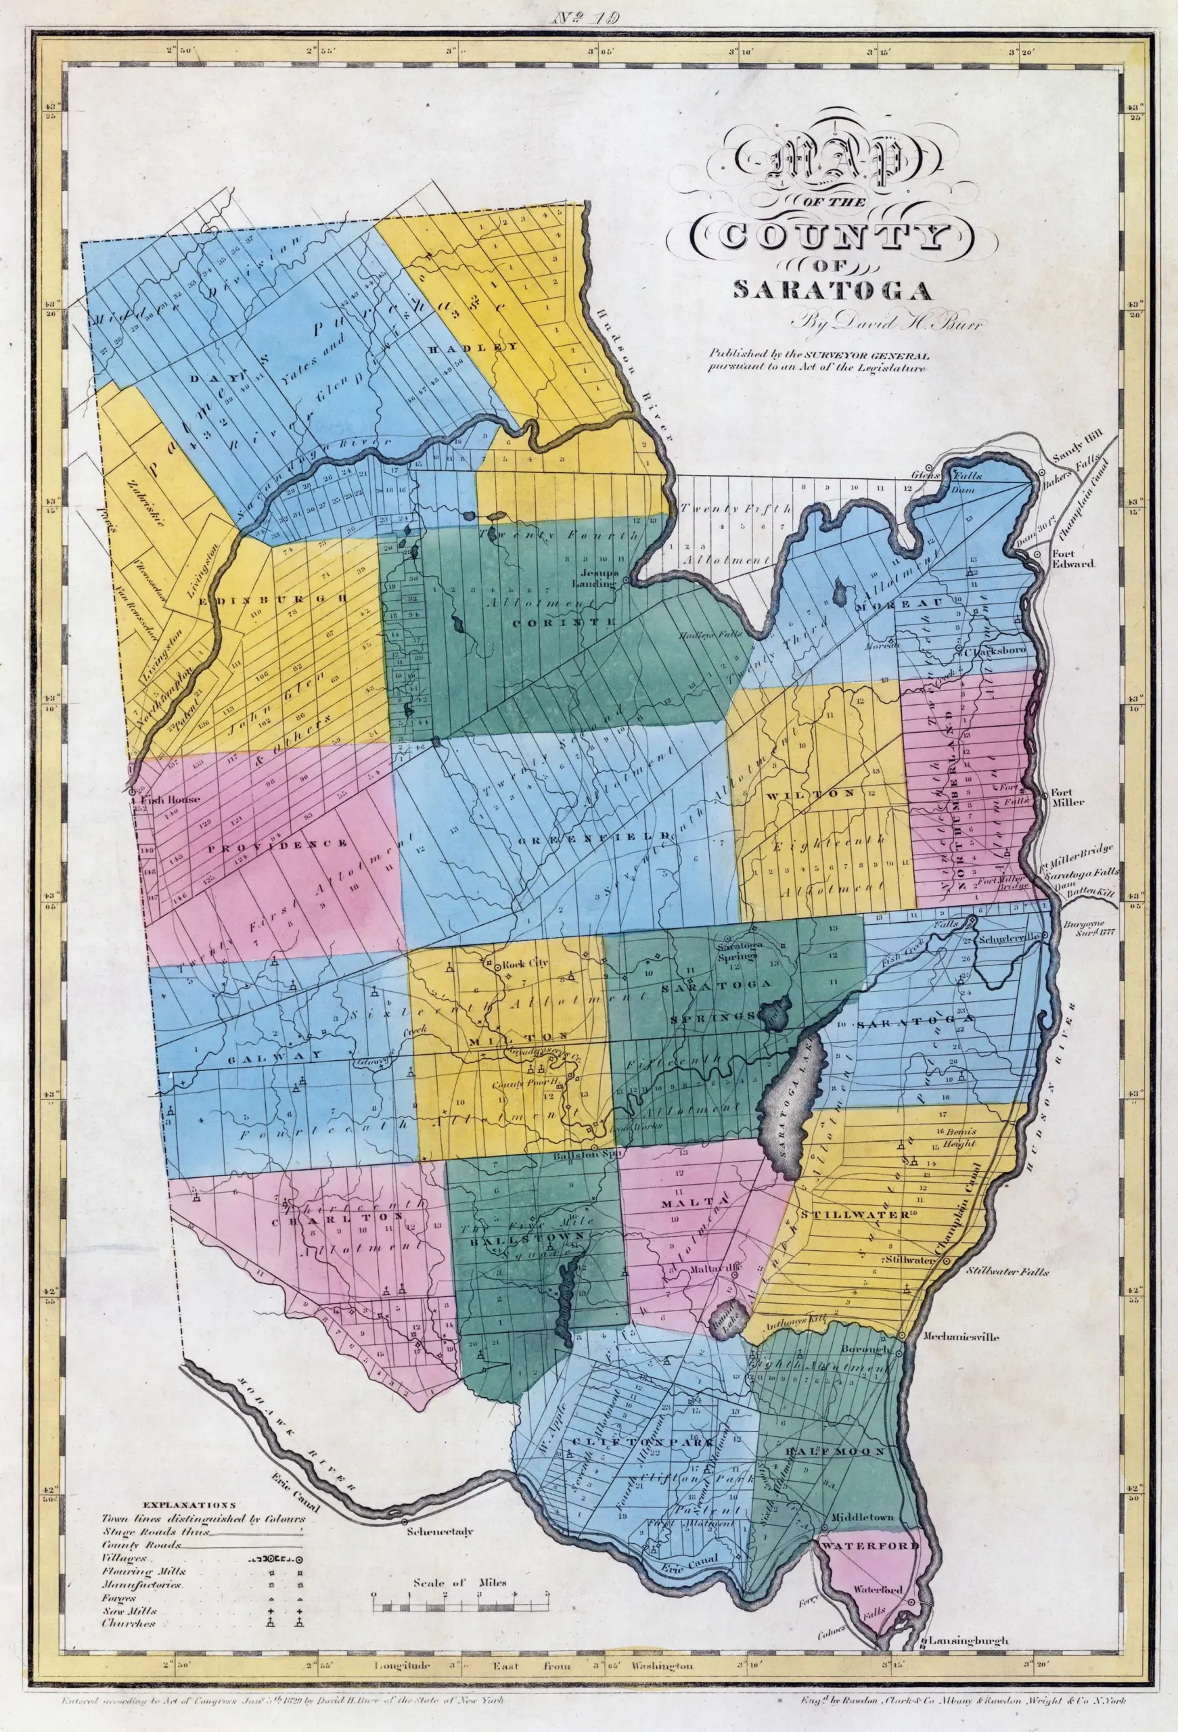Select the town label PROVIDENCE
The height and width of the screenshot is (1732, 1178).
pos(279,844)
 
